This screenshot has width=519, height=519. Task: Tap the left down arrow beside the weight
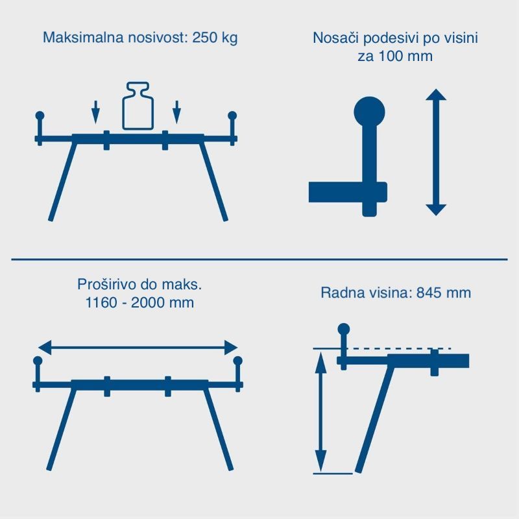coord(95,112)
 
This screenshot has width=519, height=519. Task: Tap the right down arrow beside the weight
coord(176,112)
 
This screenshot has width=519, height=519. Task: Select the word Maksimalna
coord(84,38)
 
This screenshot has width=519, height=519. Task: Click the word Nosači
coord(336,38)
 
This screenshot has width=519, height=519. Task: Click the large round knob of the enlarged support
coord(369,112)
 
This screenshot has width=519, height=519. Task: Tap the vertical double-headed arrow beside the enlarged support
coord(436,152)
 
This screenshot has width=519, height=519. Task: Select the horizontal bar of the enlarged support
coord(348,192)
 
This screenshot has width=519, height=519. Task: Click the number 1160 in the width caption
coord(101,302)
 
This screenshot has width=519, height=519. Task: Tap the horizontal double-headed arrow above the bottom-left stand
coord(138,348)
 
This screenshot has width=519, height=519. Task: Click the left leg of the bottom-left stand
coord(62,429)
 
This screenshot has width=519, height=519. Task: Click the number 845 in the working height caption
coord(428,293)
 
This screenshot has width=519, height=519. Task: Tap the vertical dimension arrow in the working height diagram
coord(320,412)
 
